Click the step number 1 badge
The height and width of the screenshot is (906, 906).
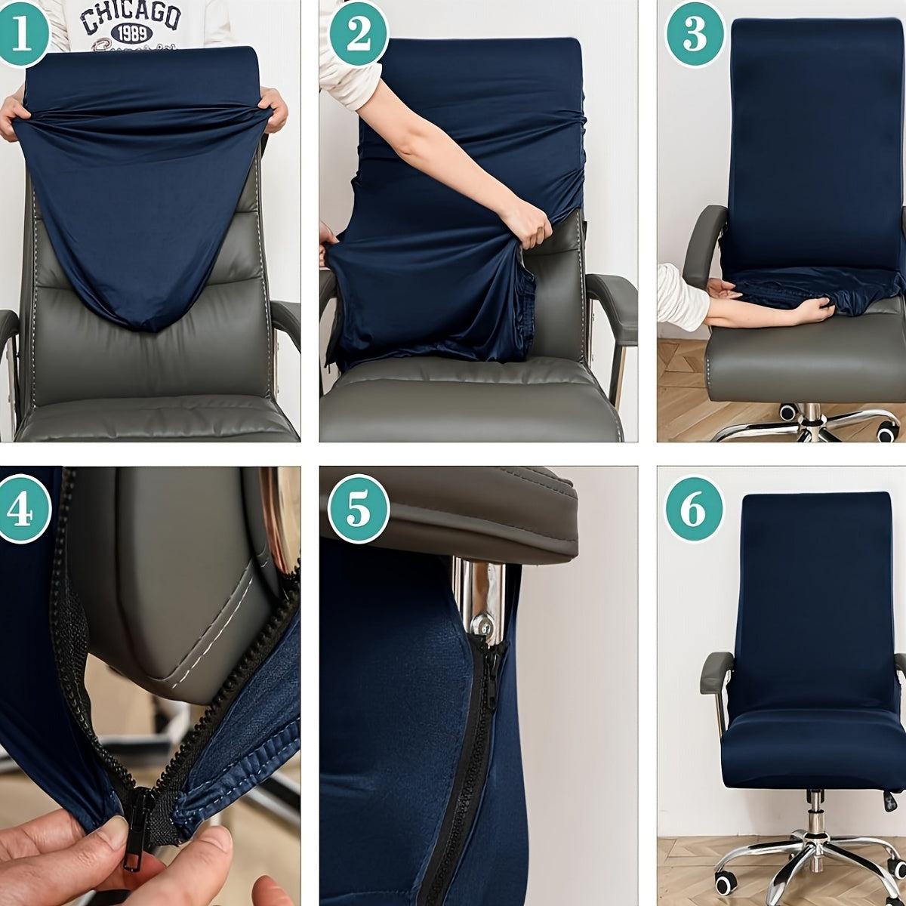tap(20, 33)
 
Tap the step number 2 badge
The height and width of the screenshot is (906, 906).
tap(358, 34)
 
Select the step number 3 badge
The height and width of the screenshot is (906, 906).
tap(695, 34)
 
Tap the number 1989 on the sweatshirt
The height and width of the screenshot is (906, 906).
tap(131, 34)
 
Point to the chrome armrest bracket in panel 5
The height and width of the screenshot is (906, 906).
tap(477, 596)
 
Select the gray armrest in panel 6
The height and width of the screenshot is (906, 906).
tap(715, 672)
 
